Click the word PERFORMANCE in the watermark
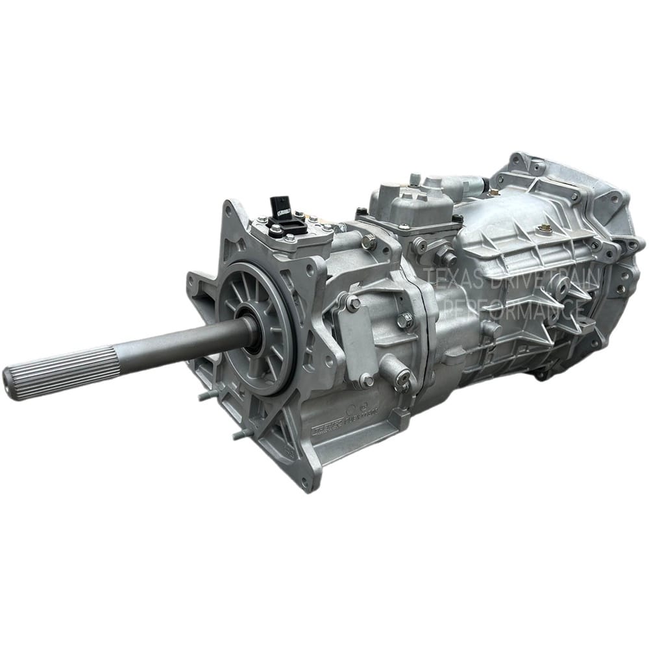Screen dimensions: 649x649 (513, 309)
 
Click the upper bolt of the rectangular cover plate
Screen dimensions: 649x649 (353, 303)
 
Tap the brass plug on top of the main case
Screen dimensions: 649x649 (546, 228)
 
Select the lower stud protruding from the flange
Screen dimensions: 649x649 (241, 434)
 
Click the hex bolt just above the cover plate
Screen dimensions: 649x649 (369, 243)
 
